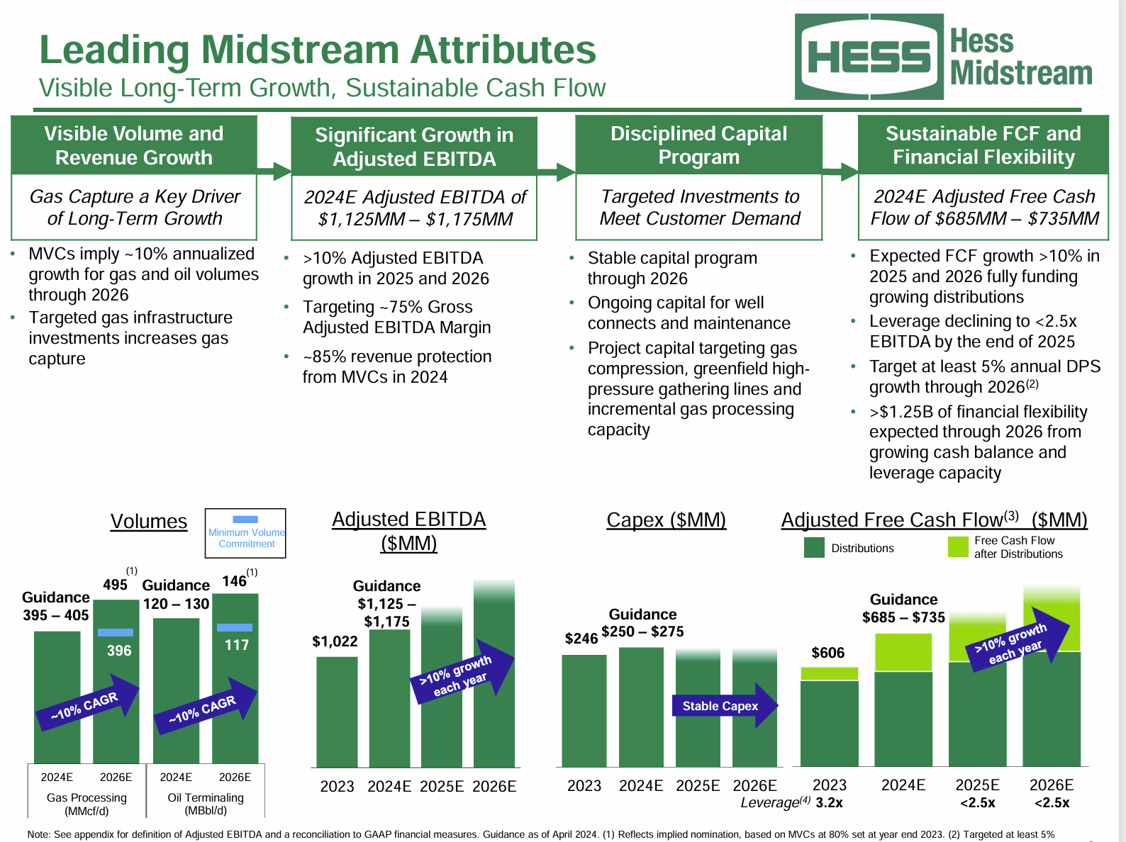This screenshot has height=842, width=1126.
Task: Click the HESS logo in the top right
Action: point(869,57)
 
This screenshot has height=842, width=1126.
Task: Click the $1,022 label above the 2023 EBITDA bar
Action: point(335,641)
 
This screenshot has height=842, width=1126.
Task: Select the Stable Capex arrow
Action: point(723,706)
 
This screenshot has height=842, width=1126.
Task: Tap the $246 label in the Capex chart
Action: point(581,639)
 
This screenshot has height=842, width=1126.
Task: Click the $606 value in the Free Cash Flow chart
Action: point(827,653)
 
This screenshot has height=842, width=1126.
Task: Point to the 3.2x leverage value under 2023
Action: point(829,803)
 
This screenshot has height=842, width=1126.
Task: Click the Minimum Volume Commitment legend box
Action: point(245,533)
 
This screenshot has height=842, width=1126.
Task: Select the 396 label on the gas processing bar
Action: point(119,651)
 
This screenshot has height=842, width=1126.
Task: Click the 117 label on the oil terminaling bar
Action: point(237,645)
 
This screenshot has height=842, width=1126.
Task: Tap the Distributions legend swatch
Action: point(814,548)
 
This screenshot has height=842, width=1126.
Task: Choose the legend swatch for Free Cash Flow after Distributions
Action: point(958,547)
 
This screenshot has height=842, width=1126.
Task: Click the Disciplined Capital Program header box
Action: point(698,145)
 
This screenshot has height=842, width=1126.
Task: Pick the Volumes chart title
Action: point(149,522)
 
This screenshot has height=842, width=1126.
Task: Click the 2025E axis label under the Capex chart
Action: point(698,786)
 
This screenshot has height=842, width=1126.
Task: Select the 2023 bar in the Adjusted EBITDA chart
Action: point(337,712)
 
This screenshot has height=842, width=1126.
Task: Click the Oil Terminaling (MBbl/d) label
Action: point(206,804)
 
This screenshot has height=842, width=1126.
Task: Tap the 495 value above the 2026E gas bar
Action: point(115,585)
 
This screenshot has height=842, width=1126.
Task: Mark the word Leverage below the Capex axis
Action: point(770,803)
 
